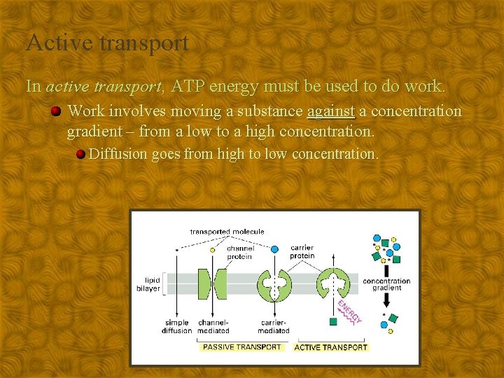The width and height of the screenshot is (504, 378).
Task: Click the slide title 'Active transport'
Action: coord(107,43)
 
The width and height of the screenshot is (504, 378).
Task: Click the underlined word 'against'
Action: coord(330,111)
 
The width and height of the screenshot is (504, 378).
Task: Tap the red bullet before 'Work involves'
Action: coord(55,111)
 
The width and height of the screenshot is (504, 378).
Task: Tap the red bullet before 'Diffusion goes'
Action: coord(81,154)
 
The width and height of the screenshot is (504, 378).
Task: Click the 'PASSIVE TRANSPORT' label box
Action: coord(241,347)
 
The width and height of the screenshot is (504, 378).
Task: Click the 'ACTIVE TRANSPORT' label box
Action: coord(330,347)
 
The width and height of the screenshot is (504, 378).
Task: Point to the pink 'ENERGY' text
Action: coord(349,312)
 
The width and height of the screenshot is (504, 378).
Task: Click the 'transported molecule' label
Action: coord(227,232)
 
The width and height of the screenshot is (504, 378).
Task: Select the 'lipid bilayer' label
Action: coord(148,284)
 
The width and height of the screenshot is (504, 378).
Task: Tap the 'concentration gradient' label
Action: coord(386,284)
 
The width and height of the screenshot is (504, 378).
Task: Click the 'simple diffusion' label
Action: coord(176,327)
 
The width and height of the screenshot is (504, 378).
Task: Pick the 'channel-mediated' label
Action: coord(213,327)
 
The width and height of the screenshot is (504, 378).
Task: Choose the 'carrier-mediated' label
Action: coord(273,327)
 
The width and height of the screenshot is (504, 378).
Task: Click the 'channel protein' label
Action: coord(239,252)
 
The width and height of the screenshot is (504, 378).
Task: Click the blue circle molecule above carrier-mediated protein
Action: coord(274,248)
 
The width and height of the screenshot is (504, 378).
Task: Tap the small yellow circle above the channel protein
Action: coord(213,250)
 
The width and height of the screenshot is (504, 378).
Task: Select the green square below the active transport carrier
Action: coord(333,321)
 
